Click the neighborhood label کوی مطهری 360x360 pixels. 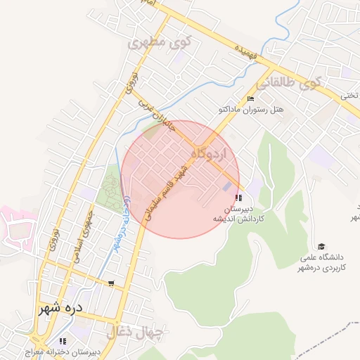click(x=158, y=43)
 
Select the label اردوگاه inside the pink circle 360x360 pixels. click(x=209, y=153)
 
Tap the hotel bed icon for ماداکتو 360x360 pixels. click(x=250, y=98)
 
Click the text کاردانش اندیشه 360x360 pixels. click(x=239, y=219)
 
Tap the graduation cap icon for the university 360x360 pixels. click(x=321, y=246)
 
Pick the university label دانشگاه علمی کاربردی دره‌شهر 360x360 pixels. click(x=322, y=262)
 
